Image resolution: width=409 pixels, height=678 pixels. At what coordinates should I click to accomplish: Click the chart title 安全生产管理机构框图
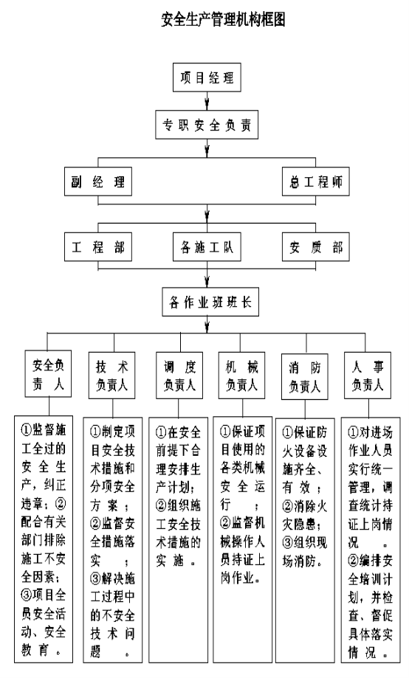tap(223, 19)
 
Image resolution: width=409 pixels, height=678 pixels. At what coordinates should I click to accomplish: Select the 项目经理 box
tap(207, 77)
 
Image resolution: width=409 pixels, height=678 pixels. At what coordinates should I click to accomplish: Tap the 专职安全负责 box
tap(207, 125)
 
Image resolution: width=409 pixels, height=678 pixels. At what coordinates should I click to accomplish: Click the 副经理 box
tap(98, 181)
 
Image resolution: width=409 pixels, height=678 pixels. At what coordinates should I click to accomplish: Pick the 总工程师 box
tap(315, 181)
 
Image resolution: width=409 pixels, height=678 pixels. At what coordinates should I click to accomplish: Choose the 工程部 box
tap(98, 247)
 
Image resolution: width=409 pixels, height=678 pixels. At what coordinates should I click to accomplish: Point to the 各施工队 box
tap(207, 247)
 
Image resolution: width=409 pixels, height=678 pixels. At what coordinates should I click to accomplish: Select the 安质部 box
tap(315, 247)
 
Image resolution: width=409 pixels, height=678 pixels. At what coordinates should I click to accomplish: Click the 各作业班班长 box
tap(210, 302)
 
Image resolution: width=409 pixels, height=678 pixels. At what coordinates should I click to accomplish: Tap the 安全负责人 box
tap(48, 375)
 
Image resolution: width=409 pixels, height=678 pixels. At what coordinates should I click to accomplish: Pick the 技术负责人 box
tap(112, 376)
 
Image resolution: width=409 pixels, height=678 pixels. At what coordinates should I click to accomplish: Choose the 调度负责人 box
tap(179, 376)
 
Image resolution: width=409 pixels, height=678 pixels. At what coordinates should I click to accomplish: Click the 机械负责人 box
tap(242, 376)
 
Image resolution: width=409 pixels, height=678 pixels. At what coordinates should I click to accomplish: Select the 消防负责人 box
tap(305, 376)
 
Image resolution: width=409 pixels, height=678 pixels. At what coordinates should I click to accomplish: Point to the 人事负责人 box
tap(368, 376)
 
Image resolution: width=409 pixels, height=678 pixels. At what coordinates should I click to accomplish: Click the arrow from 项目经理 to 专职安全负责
tap(207, 101)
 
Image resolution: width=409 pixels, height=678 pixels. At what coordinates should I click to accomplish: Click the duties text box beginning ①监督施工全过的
tap(44, 539)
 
